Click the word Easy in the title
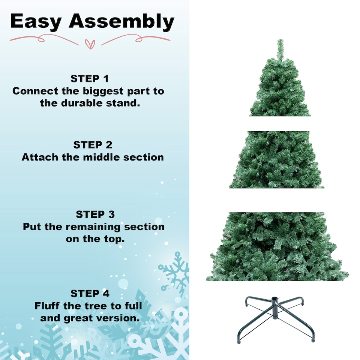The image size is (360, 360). pos(36,22)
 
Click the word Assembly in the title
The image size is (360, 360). pos(122,22)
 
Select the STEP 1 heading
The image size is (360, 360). pos(90,79)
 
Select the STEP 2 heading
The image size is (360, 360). pos(93,145)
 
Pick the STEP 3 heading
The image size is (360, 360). pos(95,214)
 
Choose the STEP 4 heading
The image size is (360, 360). pos(90,293)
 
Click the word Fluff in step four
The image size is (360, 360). pos(48,306)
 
